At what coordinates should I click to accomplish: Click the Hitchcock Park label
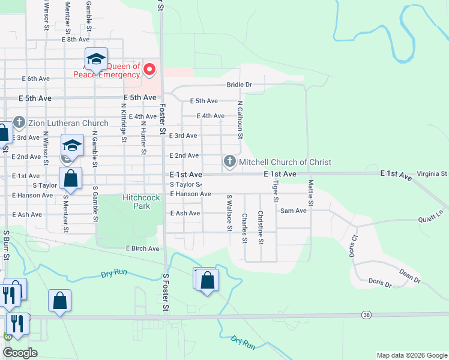[x=136, y=201]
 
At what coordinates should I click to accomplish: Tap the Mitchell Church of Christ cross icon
[x=229, y=161]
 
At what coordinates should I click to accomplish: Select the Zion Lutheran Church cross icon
[x=19, y=123]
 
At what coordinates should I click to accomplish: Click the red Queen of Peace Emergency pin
[x=149, y=71]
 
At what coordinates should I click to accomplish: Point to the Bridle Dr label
[x=238, y=85]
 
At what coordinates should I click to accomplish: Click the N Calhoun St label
[x=240, y=120]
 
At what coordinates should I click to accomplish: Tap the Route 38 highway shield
[x=366, y=315]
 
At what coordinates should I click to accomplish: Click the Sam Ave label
[x=294, y=211]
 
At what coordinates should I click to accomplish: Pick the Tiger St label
[x=276, y=191]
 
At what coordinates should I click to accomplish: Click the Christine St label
[x=261, y=227]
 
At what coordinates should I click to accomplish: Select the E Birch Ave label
[x=142, y=248]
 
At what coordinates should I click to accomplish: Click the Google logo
[x=20, y=353]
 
